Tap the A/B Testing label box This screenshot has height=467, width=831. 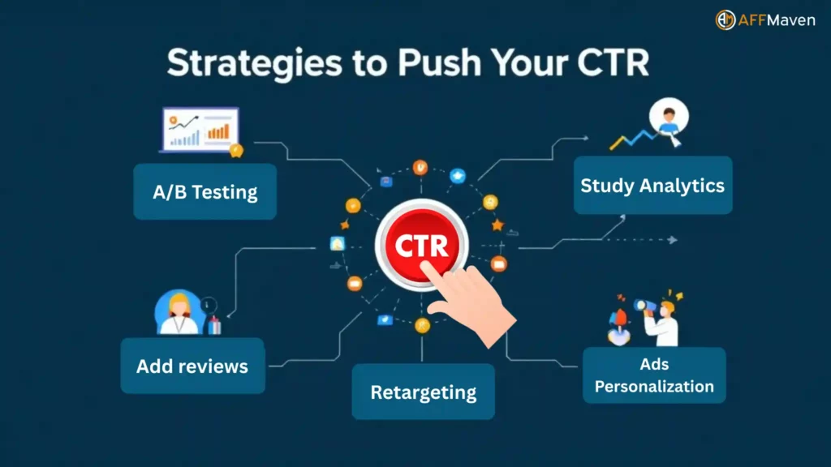pos(205,191)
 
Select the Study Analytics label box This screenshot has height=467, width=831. pos(652,186)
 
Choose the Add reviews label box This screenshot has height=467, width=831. pos(192,366)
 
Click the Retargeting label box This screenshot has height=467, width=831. pos(423,392)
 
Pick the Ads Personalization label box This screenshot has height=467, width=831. pos(654,375)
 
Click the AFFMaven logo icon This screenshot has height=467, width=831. pos(725,20)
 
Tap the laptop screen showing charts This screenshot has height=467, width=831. pos(200,129)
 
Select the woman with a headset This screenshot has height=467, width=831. pos(179,313)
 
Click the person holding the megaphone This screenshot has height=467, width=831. pos(661,320)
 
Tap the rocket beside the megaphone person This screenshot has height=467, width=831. pos(621,319)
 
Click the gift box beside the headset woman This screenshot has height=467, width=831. pos(214,325)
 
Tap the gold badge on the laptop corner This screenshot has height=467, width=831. pos(236,150)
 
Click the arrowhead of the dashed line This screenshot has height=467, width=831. pos(672,240)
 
